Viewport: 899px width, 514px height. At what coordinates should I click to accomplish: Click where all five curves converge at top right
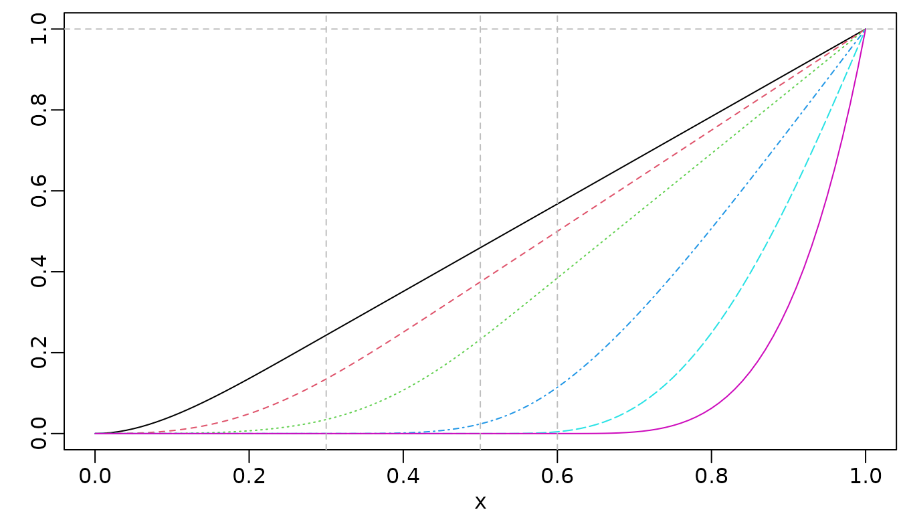coord(865,29)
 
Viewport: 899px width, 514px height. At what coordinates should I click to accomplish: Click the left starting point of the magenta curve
coord(95,433)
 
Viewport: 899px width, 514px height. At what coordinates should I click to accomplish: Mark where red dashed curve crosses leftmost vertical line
coord(326,379)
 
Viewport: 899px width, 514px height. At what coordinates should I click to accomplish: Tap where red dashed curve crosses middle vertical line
coord(480,282)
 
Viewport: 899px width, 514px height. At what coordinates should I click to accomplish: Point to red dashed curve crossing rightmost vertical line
coord(557,232)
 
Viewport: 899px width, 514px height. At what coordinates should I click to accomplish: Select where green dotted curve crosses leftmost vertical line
coord(326,419)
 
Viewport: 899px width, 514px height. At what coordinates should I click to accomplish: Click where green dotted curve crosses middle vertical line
coord(480,339)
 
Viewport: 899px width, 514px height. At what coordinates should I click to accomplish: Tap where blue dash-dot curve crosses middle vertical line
coord(480,424)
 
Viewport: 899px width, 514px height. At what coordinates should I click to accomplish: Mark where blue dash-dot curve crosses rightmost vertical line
coord(557,388)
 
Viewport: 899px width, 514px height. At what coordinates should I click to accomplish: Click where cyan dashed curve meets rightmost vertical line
coord(557,432)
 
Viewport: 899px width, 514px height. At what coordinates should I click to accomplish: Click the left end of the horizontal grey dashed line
coord(65,29)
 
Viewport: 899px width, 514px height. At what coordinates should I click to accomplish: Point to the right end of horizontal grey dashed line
coord(895,29)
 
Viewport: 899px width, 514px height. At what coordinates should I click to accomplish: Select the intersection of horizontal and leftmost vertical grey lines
coord(326,29)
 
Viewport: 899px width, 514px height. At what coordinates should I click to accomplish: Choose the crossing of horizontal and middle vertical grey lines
coord(480,29)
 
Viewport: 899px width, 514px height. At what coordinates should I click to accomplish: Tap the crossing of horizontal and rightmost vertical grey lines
coord(557,29)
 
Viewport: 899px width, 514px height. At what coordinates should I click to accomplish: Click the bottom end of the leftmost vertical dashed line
coord(326,449)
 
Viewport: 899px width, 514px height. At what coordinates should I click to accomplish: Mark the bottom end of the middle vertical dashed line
coord(480,449)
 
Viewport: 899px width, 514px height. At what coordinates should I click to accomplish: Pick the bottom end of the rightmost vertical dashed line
coord(557,449)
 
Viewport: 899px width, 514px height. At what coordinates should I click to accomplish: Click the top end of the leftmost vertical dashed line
coord(326,15)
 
